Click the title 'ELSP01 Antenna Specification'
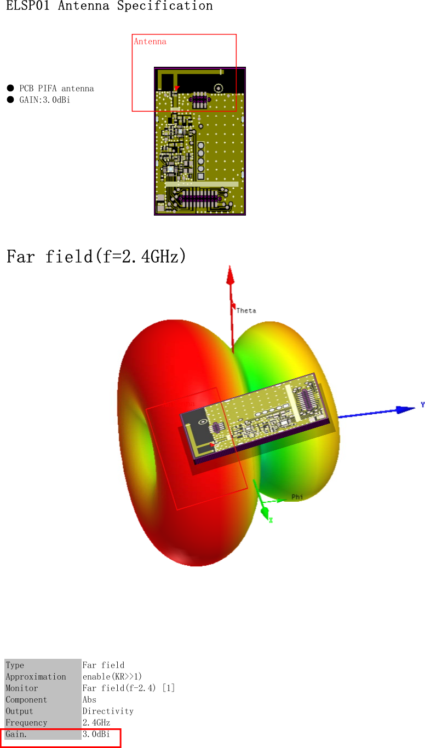[x=110, y=7]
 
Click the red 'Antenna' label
[x=150, y=42]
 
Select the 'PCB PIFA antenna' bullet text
[x=56, y=89]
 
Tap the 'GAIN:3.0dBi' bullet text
[x=45, y=100]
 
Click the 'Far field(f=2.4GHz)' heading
[x=96, y=256]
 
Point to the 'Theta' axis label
[x=246, y=311]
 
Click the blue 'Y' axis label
[x=422, y=405]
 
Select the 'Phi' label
[x=297, y=497]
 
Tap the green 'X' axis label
[x=271, y=520]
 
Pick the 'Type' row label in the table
[x=15, y=665]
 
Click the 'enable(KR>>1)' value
[x=112, y=677]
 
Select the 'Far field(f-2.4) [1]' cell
[x=129, y=688]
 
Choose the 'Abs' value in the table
[x=89, y=700]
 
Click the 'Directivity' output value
[x=108, y=711]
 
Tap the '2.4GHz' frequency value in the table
[x=96, y=723]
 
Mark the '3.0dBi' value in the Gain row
[x=96, y=734]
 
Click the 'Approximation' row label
[x=36, y=677]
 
